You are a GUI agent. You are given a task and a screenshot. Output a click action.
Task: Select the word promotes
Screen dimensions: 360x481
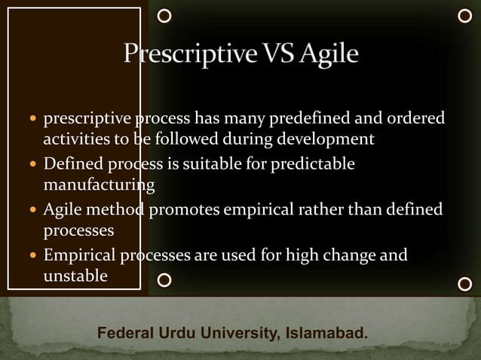pyautogui.click(x=187, y=209)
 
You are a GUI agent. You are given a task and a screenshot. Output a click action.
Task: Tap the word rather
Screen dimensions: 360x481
pyautogui.click(x=319, y=209)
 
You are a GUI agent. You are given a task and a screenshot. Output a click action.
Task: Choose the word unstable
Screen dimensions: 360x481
pyautogui.click(x=75, y=276)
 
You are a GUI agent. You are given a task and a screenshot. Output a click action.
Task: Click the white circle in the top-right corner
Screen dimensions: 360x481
pyautogui.click(x=465, y=14)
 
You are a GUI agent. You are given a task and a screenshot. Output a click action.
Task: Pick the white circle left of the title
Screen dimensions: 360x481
pyautogui.click(x=165, y=14)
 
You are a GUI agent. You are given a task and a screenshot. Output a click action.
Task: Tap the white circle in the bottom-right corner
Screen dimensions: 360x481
pyautogui.click(x=465, y=284)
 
